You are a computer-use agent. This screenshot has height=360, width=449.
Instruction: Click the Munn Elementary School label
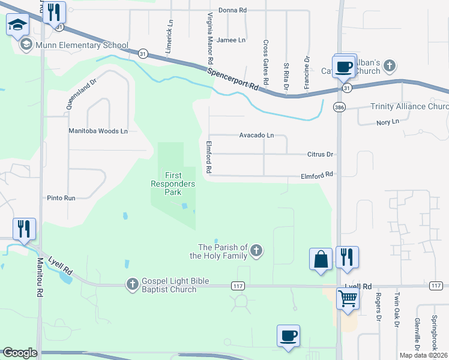tap(82, 45)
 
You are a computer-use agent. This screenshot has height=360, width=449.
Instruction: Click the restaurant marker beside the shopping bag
tap(347, 257)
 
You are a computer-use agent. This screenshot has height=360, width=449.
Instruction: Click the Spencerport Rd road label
tap(234, 79)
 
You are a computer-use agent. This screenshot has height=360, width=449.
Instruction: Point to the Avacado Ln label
tap(256, 135)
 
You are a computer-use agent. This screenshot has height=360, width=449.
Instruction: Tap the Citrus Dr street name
tap(320, 154)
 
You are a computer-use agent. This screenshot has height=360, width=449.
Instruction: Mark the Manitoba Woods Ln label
tap(98, 130)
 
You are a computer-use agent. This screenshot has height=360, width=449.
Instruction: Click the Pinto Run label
tap(61, 197)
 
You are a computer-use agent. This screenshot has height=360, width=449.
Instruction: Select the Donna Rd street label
tap(233, 10)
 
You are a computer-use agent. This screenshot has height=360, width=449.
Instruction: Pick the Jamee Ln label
tap(231, 40)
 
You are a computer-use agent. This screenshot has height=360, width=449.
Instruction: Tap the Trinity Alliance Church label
tap(409, 107)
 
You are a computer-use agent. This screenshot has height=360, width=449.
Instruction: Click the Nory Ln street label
tap(388, 122)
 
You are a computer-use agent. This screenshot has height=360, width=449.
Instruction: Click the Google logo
tap(19, 353)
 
